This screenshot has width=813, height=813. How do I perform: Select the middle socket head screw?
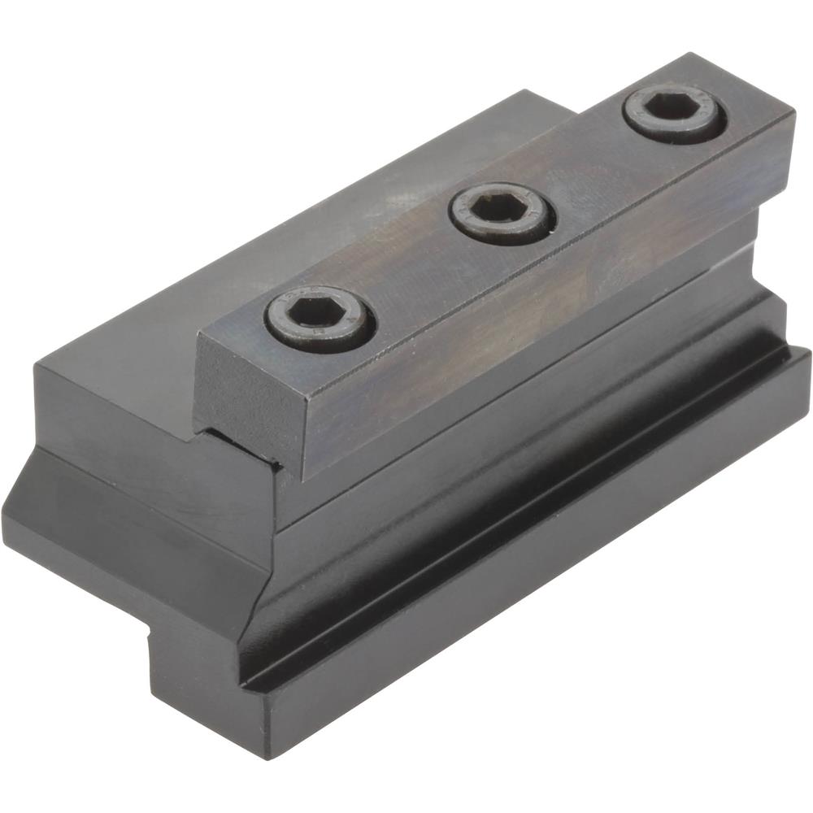pyautogui.click(x=502, y=212)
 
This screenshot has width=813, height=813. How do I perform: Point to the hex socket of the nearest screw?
pyautogui.click(x=317, y=311)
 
